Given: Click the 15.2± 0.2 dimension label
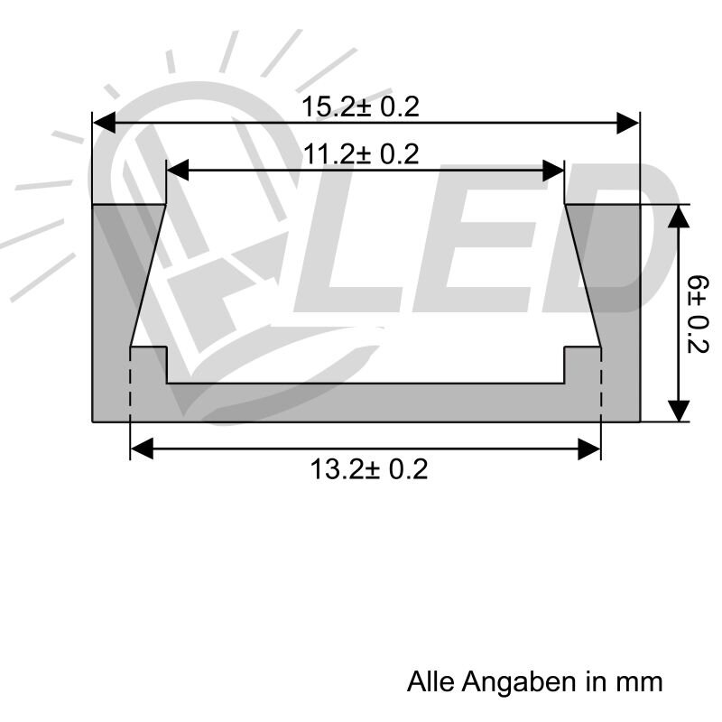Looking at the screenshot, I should tap(360, 107).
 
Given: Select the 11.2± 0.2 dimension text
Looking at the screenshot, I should tap(361, 155).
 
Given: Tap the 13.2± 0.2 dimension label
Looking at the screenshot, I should tap(369, 470).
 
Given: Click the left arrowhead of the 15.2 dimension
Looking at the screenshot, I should tap(105, 123).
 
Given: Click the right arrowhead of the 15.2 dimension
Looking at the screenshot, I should tap(628, 123).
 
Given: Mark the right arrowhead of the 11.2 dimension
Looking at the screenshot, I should tap(554, 170).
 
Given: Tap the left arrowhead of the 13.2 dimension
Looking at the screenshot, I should tap(142, 449).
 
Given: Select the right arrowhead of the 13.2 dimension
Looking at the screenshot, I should tap(590, 449).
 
